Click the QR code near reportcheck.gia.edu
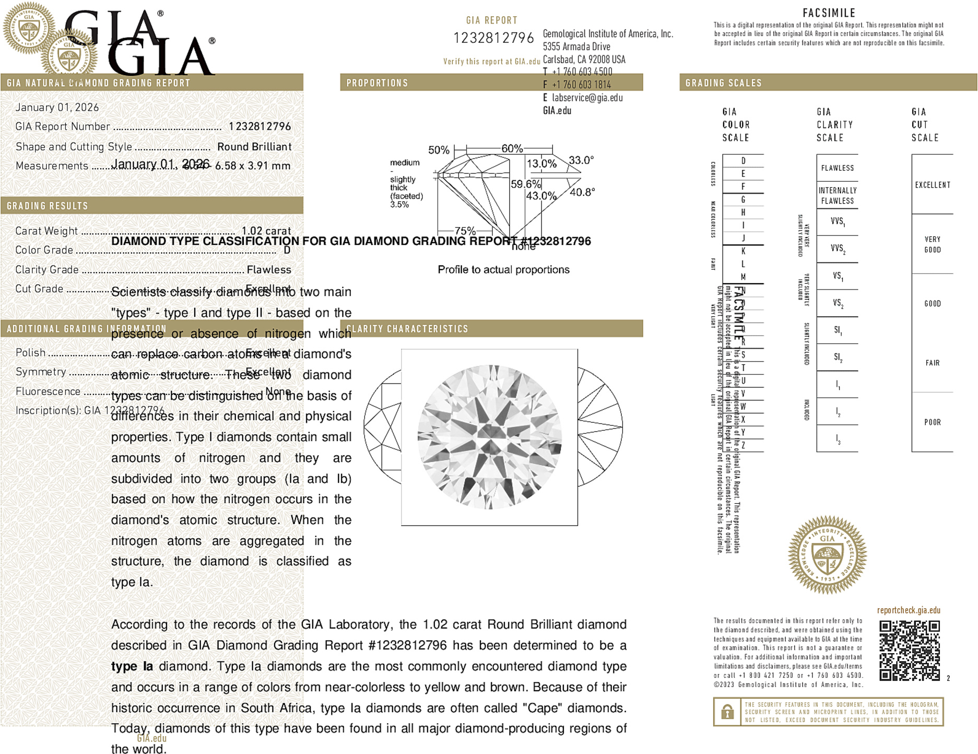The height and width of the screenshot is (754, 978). [909, 651]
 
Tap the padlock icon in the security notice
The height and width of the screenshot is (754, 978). [727, 712]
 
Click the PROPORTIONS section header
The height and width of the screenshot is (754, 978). [377, 83]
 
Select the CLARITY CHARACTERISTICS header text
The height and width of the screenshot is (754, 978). [407, 329]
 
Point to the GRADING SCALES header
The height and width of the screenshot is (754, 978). [723, 83]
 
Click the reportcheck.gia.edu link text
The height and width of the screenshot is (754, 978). [909, 610]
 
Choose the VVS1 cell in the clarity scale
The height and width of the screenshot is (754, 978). [838, 222]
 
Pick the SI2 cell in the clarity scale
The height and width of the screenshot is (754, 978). [838, 357]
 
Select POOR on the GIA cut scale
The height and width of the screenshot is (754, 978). [933, 422]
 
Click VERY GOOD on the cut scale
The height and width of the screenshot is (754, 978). [933, 245]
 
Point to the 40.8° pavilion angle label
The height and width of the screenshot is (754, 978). [582, 192]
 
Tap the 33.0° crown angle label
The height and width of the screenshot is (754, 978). [581, 160]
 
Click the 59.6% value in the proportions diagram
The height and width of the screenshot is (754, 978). [525, 184]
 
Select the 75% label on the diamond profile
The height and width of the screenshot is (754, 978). [465, 230]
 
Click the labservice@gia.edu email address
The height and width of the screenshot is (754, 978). [587, 98]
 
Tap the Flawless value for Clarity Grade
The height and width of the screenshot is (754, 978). [269, 270]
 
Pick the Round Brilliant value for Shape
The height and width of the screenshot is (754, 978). [254, 147]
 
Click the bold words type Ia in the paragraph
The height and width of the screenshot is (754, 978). [132, 666]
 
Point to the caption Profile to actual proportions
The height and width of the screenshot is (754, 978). [503, 270]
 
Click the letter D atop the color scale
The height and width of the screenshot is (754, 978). [743, 161]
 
